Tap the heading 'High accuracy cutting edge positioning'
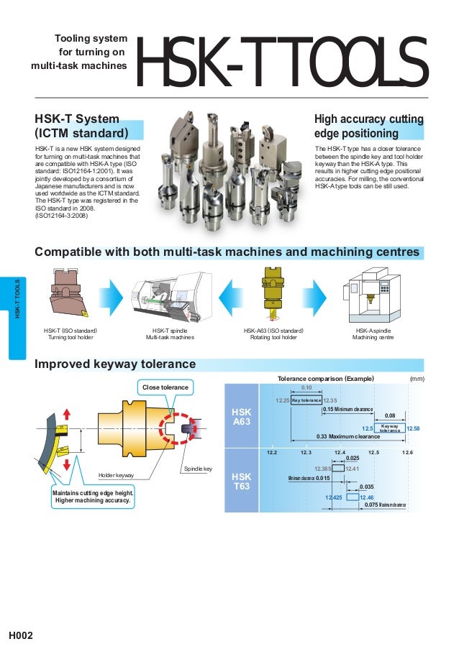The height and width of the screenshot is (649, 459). point(369,126)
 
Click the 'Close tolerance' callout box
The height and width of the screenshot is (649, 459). point(165,387)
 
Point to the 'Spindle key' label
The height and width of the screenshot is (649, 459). point(198,469)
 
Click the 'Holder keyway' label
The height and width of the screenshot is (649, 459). point(117,475)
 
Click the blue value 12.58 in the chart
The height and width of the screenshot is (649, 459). point(413,428)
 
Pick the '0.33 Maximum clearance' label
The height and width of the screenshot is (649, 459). point(348,436)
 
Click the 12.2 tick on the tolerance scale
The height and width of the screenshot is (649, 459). point(272,452)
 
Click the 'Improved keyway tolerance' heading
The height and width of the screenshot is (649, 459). point(115,364)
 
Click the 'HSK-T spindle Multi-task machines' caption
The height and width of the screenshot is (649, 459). point(170,333)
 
